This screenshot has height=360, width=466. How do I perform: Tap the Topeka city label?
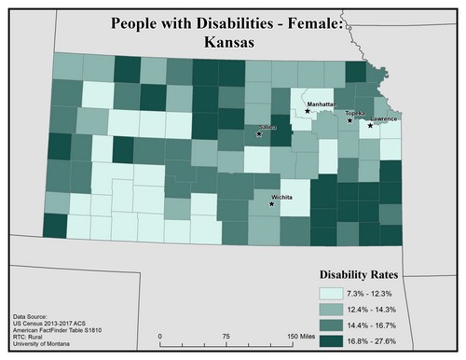[354, 113]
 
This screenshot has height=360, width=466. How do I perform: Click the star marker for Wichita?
[272, 203]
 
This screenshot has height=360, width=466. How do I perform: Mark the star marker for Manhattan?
[308, 112]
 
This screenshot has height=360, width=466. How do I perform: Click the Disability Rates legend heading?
[360, 275]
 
